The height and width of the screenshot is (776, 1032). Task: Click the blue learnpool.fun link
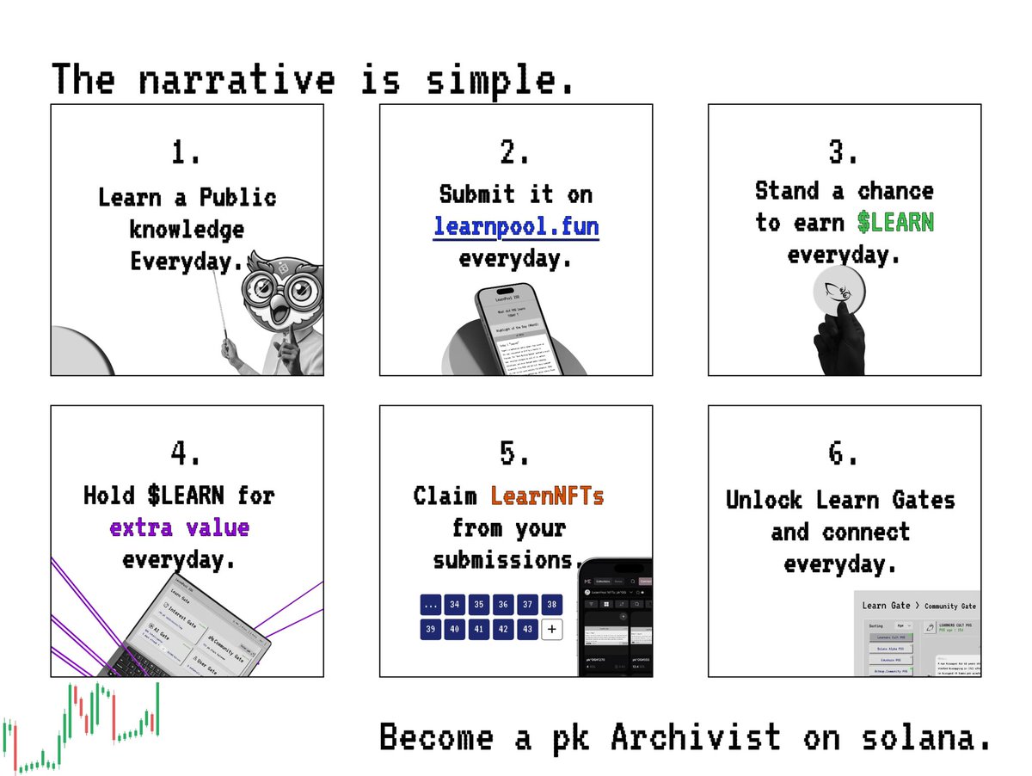tap(516, 227)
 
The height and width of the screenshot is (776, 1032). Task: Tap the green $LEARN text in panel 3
tap(895, 223)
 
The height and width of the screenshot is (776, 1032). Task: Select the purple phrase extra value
tap(179, 527)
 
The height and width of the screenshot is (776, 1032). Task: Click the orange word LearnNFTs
tap(547, 496)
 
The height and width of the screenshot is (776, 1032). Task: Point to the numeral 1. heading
tap(187, 154)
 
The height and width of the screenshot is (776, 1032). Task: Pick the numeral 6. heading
tap(843, 454)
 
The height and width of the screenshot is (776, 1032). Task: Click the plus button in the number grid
tap(551, 629)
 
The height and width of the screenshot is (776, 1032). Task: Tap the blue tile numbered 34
tap(455, 605)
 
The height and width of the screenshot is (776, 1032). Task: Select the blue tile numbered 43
tap(527, 629)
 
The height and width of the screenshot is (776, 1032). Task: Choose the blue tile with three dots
tap(431, 605)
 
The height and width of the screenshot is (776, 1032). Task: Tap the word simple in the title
tap(499, 80)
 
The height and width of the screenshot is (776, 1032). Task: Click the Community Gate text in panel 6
tap(951, 607)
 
